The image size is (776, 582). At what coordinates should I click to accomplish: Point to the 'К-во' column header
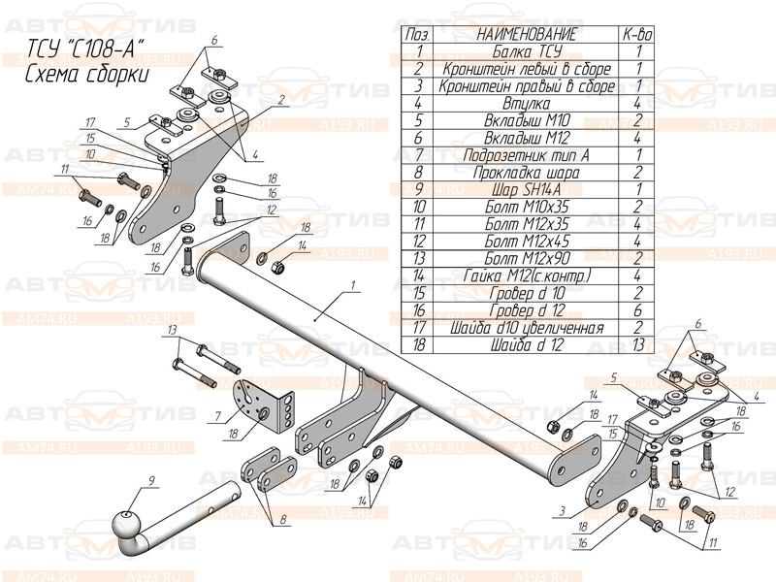637,35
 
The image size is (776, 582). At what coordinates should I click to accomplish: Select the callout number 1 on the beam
355,284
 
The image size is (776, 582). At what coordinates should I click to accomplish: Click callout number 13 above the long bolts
172,331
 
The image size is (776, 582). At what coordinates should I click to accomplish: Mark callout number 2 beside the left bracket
279,99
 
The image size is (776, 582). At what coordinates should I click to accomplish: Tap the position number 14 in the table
419,275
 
